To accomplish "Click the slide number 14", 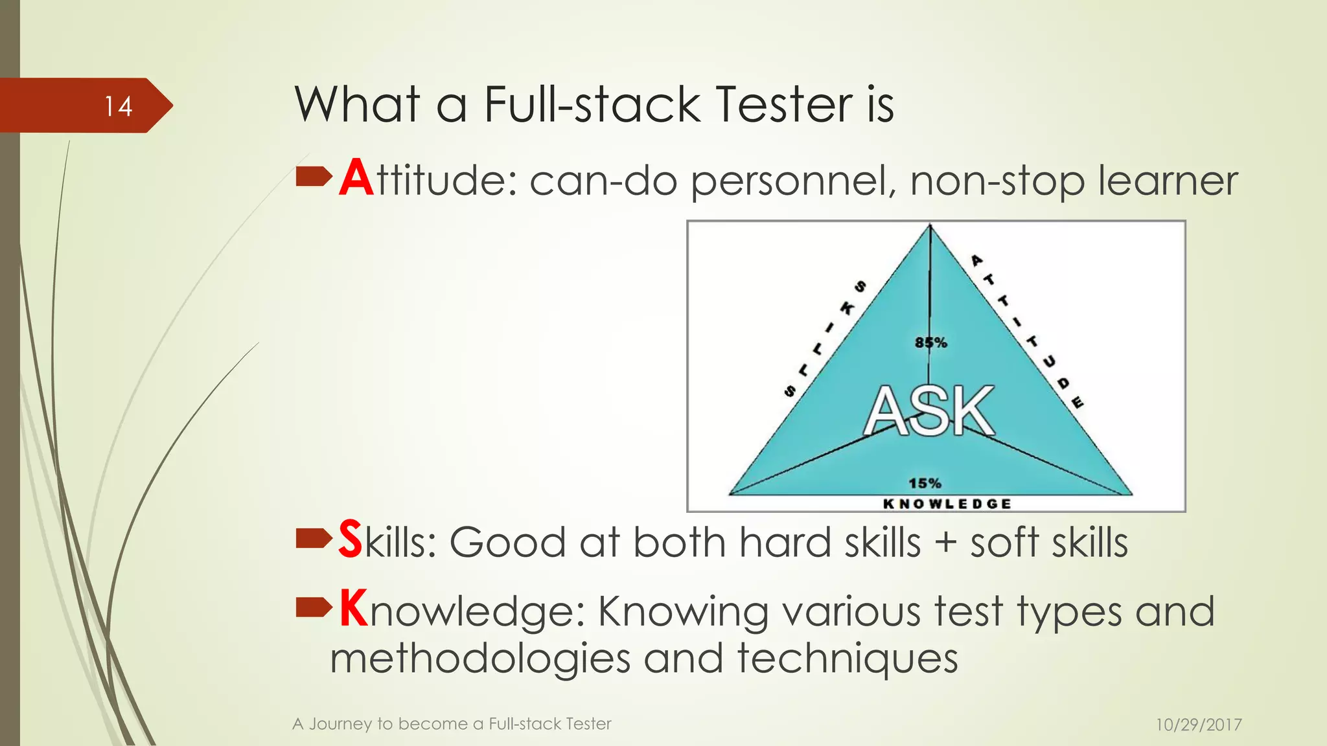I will point(119,106).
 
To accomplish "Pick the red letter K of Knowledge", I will point(354,609).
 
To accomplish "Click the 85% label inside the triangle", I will point(930,343).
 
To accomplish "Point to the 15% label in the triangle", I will point(925,483).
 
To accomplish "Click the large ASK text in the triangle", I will point(929,411).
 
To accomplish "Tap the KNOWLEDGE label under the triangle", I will point(947,504).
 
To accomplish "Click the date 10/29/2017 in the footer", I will point(1199,725).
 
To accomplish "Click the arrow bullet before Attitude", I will point(314,176).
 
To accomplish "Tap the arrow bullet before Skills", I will point(314,537).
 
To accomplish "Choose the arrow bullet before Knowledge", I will point(314,607).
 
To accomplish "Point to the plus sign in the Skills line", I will point(945,543).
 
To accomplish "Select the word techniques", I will point(848,659).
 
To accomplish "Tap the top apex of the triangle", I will point(930,226).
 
